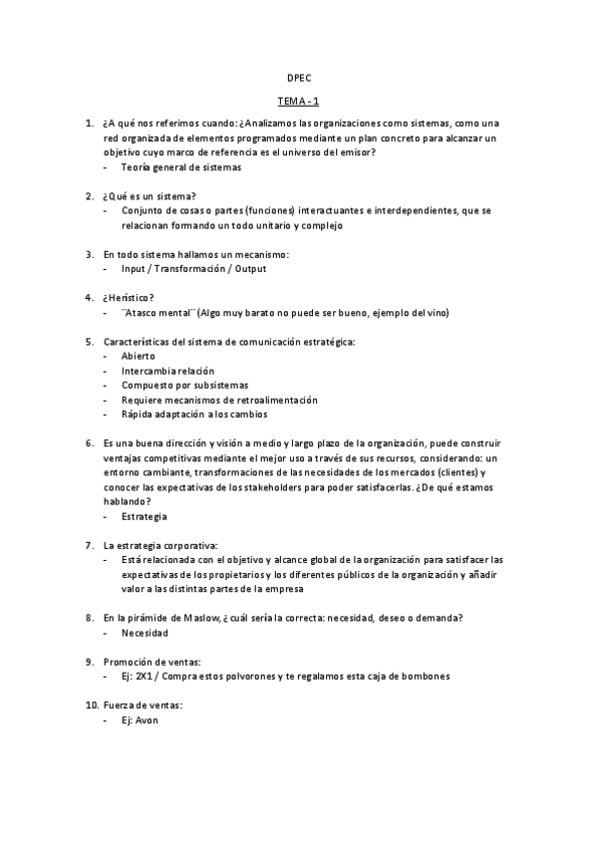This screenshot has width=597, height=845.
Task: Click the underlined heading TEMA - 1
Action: [x=298, y=101]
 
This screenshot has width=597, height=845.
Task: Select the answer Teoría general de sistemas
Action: [x=181, y=167]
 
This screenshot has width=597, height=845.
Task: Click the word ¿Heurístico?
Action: [x=130, y=297]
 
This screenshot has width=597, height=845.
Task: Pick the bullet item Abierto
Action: [x=138, y=356]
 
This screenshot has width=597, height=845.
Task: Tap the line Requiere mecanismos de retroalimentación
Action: [x=219, y=400]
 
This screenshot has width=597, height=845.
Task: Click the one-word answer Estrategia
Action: [x=145, y=516]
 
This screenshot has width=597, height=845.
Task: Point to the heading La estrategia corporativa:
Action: [x=159, y=545]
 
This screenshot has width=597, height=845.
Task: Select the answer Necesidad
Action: [x=145, y=633]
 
